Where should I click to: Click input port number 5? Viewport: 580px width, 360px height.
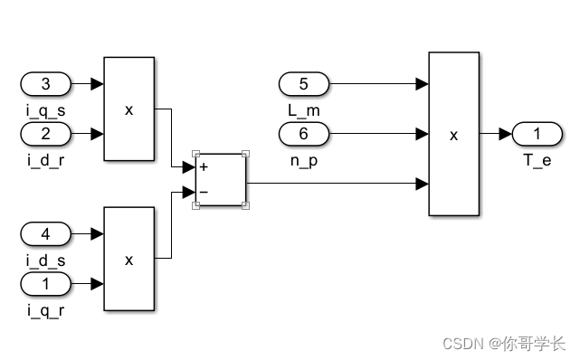(x=304, y=85)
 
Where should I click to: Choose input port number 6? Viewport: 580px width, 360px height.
(x=304, y=134)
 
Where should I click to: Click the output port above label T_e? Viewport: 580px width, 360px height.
(x=537, y=135)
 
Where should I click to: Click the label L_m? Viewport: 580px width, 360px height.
(x=303, y=109)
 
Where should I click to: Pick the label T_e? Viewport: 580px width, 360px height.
(x=537, y=159)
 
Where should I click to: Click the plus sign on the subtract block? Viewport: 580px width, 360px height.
(x=204, y=167)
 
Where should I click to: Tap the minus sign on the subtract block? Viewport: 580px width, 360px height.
(x=204, y=192)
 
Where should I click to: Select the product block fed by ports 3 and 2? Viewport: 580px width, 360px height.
(x=128, y=109)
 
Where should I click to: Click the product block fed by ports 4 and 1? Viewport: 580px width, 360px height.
(x=128, y=259)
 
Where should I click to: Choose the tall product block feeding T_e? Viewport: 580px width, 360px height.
(x=453, y=134)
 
